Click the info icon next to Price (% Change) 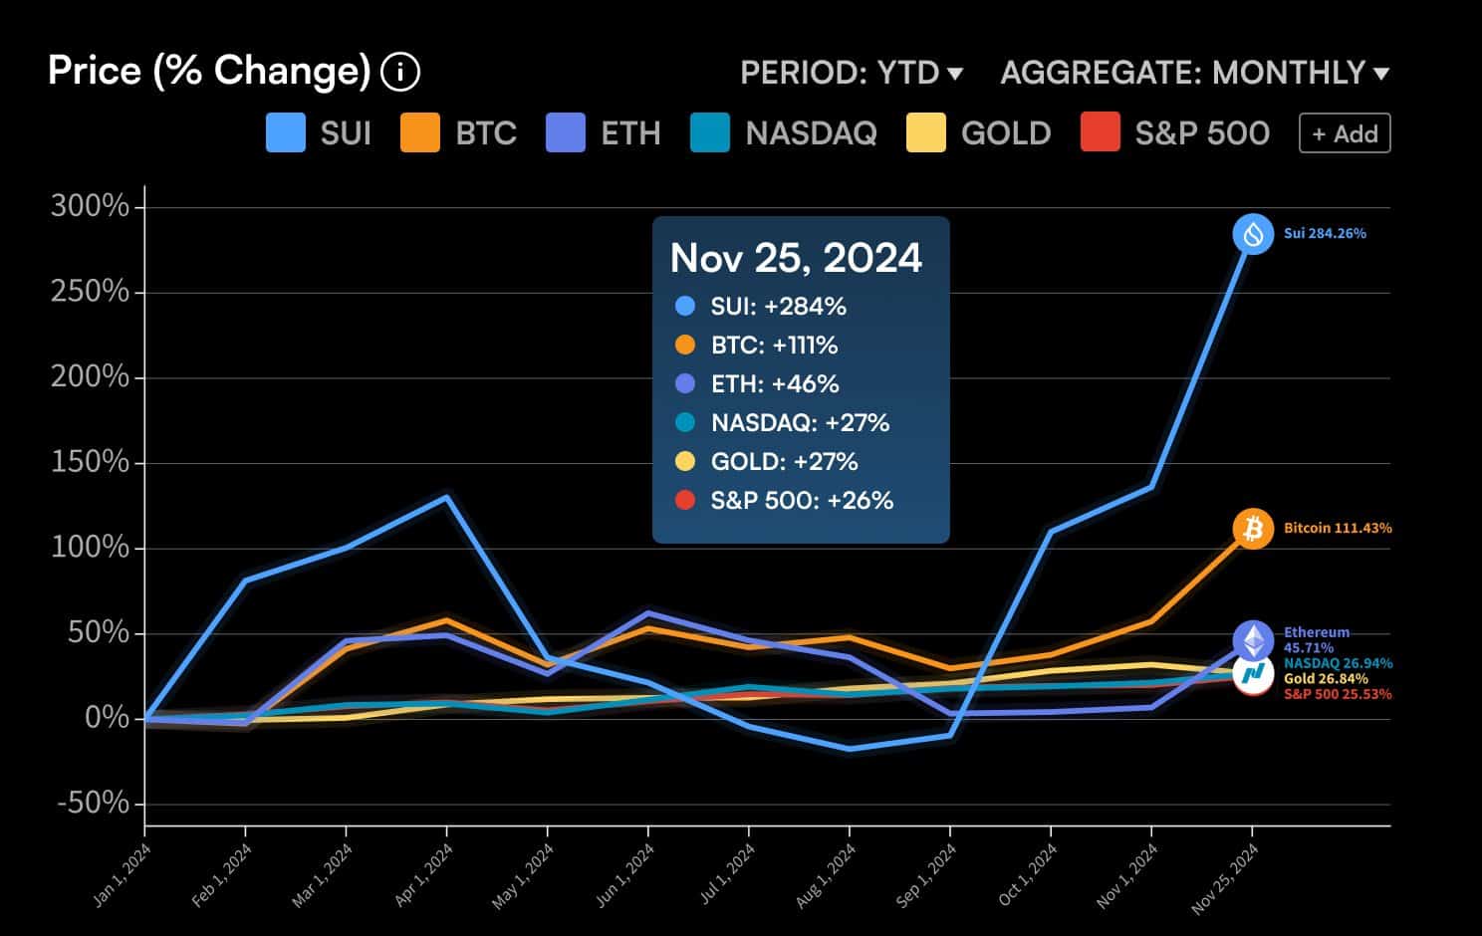[400, 72]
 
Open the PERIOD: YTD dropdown [852, 73]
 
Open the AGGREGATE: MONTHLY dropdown [1194, 73]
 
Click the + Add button [1344, 133]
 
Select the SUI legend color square [286, 133]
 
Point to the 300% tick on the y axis [90, 206]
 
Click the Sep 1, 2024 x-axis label [927, 873]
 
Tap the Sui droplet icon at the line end [1253, 234]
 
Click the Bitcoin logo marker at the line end [1253, 528]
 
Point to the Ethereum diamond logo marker [1253, 640]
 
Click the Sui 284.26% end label [1325, 234]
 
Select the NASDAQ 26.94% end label [1338, 663]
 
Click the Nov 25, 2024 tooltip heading [796, 258]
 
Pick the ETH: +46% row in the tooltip [774, 384]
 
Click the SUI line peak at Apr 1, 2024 [446, 497]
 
